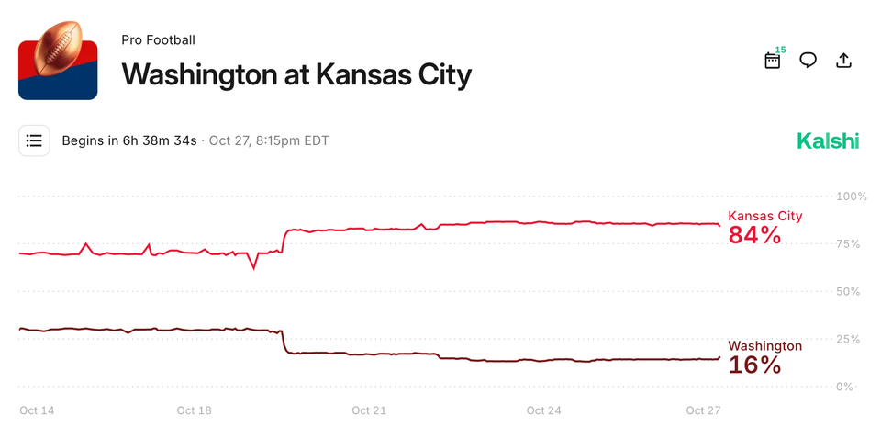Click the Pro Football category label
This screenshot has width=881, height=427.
tap(158, 39)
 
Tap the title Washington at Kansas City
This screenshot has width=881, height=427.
tap(296, 73)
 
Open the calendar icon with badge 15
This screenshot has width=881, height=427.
tap(773, 61)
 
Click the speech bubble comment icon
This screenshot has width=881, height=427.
tap(809, 61)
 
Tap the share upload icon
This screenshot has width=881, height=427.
tap(844, 61)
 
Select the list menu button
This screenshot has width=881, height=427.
tap(35, 140)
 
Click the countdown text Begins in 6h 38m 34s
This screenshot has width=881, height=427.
tap(129, 140)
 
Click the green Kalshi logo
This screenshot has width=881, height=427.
tap(828, 140)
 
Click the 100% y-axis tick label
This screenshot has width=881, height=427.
tap(851, 197)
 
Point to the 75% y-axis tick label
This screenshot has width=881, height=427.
tap(851, 244)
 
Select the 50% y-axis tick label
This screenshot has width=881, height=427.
tap(851, 291)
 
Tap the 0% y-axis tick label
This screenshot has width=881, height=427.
tap(851, 387)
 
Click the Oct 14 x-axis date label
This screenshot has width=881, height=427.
tap(37, 410)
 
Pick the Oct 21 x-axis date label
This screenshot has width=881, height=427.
tap(367, 410)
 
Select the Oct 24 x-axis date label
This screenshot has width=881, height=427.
tap(543, 410)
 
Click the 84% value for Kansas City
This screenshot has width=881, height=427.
tap(754, 235)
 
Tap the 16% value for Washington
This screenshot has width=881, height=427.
tap(754, 365)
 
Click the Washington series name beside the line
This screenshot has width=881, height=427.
tap(764, 346)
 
